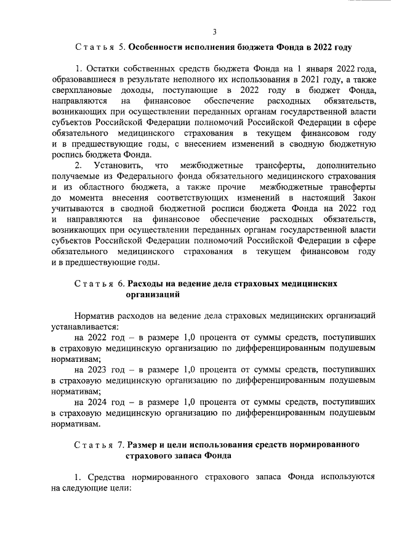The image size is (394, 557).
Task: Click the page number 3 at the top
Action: coord(214,32)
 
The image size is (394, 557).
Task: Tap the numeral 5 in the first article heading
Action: coord(121,47)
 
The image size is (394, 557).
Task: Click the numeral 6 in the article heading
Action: coord(121,284)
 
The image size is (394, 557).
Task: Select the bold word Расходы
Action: coord(148,284)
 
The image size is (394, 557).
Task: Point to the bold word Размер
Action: coord(146,445)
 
